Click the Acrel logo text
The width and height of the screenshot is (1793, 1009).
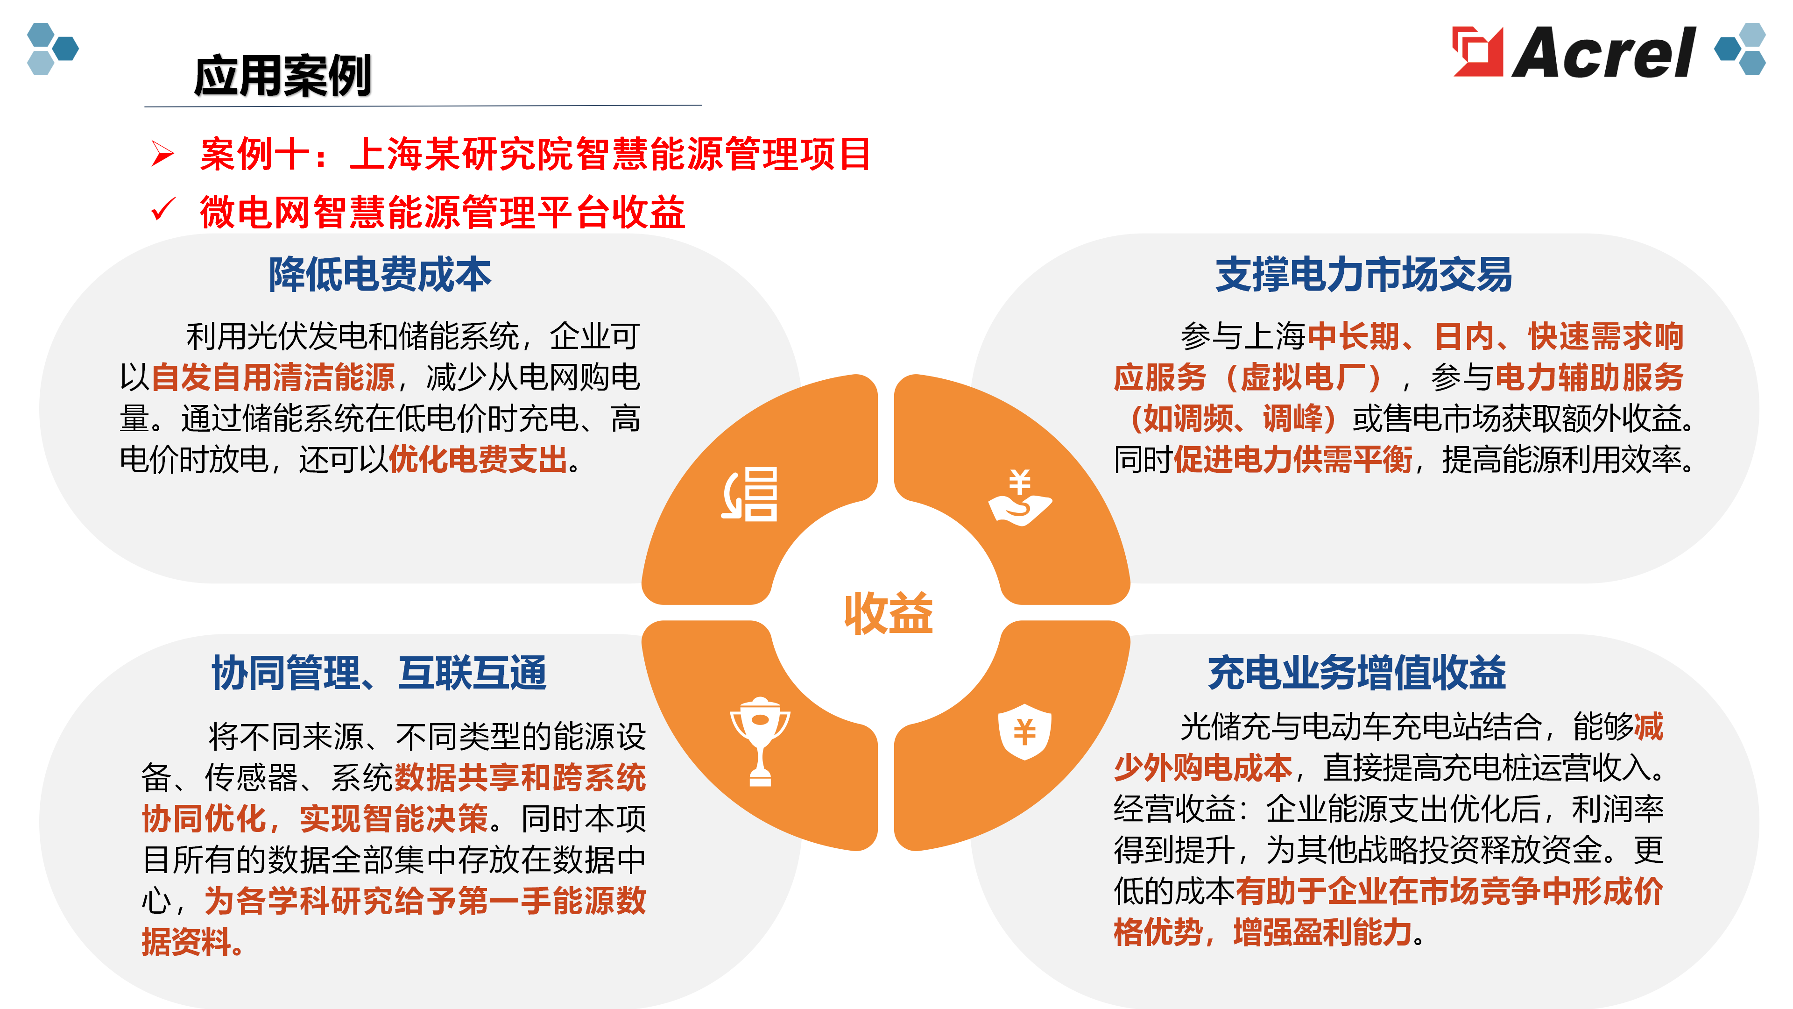(x=1604, y=52)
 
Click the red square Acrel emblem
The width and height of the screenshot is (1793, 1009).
(x=1477, y=51)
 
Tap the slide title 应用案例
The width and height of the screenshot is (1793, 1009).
(x=282, y=75)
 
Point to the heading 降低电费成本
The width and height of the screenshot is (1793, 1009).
(x=380, y=274)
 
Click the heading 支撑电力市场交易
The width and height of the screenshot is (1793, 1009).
(x=1363, y=274)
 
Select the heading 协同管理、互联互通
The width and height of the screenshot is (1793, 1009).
(x=379, y=673)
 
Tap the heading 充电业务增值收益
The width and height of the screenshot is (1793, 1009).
(x=1356, y=673)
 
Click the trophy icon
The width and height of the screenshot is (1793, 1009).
(x=760, y=741)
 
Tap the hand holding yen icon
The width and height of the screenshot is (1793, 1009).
(x=1020, y=498)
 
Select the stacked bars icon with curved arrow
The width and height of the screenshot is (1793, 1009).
(x=749, y=494)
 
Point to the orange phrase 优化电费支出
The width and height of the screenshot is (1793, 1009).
(x=478, y=460)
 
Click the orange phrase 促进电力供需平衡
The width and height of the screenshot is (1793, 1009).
(x=1293, y=460)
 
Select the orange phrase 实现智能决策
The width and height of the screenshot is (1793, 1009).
(x=394, y=818)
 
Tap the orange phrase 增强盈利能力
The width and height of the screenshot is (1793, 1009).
(x=1322, y=932)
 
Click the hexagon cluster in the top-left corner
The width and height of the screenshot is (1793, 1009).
(x=52, y=49)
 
